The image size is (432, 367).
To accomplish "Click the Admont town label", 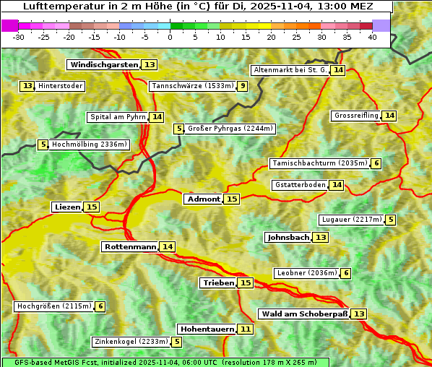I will pos(203,199).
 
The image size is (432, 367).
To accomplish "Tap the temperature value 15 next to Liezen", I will pos(92,207).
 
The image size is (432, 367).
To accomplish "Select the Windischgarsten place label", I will pos(103,65).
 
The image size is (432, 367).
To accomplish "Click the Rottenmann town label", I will pos(130,247).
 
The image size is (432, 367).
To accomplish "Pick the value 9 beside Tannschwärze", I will pos(243,87).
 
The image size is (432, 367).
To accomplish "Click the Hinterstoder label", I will pos(61,86).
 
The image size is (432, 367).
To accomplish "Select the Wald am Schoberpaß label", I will pos(304,314).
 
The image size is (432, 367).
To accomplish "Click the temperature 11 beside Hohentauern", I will pos(246,329).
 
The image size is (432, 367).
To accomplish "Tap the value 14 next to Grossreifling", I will pos(389,116).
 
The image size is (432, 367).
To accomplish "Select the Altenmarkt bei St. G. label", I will pos(290,70).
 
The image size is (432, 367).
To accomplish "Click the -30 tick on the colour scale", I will pos(20,36).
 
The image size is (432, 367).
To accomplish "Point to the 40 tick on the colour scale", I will pos(372,36).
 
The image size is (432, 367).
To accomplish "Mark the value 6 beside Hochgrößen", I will pos(100,306).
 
